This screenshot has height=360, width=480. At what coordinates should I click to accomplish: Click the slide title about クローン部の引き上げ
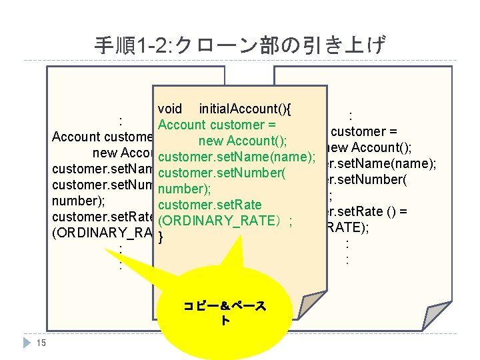[240, 45]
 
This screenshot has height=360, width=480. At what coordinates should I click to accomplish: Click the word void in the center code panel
[171, 109]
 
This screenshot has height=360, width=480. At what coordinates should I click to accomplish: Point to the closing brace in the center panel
[161, 235]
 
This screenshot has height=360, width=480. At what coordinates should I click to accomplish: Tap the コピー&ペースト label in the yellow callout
[224, 313]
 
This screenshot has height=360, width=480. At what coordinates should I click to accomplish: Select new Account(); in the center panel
[243, 141]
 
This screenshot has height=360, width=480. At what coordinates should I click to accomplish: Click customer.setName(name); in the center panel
[237, 157]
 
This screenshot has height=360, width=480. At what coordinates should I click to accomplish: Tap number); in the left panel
[75, 200]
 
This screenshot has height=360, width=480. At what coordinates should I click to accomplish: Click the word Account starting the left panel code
[75, 137]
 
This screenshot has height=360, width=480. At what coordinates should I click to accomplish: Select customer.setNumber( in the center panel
[222, 173]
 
